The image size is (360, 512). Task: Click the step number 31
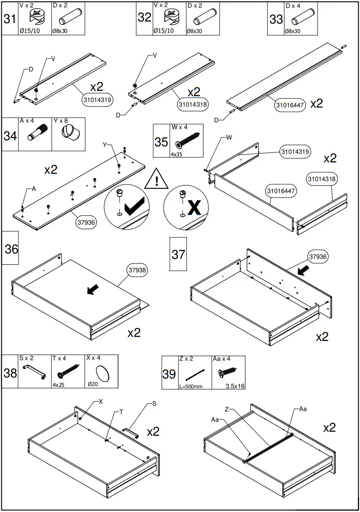point(10,18)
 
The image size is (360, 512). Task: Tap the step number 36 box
point(11,249)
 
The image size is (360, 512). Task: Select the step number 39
point(169,373)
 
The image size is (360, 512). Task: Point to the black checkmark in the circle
point(135,207)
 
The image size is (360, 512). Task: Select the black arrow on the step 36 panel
point(91,291)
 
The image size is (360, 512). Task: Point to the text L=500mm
point(191,386)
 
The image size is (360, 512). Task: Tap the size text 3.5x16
point(235,386)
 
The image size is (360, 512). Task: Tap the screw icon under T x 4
point(68,370)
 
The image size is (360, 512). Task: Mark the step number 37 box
point(178,254)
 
